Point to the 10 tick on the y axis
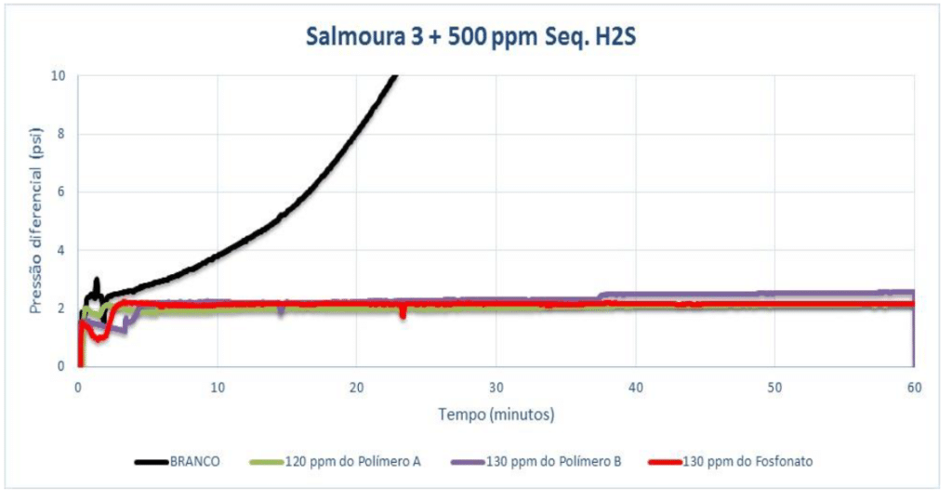(59, 75)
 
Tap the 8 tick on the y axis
(61, 134)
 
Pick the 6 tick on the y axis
(61, 191)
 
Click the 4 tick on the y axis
(61, 250)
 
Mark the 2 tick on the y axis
(61, 309)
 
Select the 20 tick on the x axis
(356, 386)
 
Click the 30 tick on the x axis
(496, 386)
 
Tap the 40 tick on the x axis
(635, 386)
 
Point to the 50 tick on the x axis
(774, 386)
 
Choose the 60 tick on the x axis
(914, 386)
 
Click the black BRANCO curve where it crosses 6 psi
(308, 192)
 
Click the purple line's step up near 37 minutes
(601, 296)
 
